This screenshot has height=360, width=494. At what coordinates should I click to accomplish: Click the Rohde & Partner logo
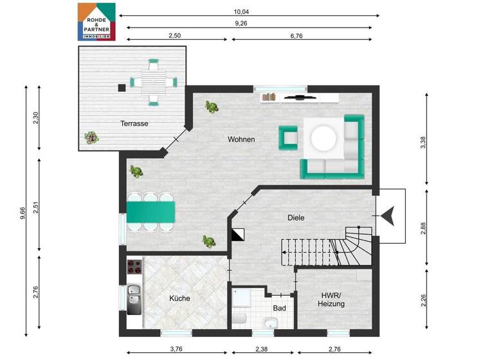pos(96,21)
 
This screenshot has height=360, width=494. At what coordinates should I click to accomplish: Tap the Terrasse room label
pos(134,123)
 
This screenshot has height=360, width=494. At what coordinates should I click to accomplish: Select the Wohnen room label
pos(241,139)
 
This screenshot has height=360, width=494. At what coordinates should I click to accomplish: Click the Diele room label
pos(295,218)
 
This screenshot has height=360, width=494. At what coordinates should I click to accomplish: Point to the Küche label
pos(179,298)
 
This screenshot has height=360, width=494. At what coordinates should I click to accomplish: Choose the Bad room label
pos(279,309)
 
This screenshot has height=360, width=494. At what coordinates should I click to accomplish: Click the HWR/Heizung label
pos(333,300)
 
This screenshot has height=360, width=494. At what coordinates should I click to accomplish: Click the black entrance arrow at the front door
pos(388,217)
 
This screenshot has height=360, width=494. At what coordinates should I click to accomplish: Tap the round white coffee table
pos(324,138)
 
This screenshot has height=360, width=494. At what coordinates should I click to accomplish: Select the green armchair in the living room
pos(288,136)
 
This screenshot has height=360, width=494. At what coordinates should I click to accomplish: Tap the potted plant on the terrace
pos(91,137)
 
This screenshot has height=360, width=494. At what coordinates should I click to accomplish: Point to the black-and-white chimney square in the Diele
pos(237,235)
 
